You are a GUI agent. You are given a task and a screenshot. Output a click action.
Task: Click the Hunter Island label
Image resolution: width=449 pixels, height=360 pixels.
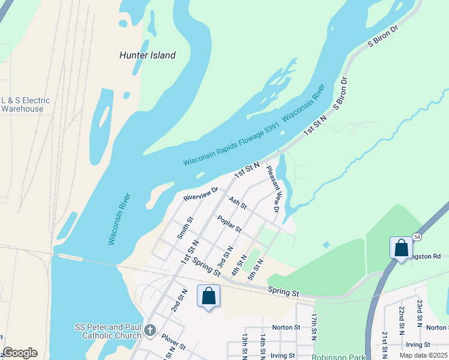pos(147,55)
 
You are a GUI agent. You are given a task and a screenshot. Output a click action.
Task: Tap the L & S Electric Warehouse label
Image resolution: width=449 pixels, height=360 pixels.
pos(25,104)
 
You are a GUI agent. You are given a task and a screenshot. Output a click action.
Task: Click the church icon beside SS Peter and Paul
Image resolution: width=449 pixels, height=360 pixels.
pos(150,329)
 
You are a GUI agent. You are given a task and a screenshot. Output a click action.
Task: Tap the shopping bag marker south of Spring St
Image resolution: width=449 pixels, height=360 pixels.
pos(208,296)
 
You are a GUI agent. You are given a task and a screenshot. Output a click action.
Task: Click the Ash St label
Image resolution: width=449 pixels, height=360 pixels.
pos(238,202)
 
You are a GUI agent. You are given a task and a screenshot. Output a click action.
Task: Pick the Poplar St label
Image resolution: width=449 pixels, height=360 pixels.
pos(229,224)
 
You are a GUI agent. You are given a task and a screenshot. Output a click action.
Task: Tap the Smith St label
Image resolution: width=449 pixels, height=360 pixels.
pos(185,228)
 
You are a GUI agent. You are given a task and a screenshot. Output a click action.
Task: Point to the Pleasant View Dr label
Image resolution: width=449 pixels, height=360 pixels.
pos(273,190)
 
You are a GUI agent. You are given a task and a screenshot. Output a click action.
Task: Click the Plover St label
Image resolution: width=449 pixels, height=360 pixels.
pos(173,347)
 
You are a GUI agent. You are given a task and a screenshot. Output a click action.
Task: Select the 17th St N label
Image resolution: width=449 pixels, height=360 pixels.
pos(314,326)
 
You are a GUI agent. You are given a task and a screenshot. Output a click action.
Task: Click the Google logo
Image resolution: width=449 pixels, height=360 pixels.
pos(20,353)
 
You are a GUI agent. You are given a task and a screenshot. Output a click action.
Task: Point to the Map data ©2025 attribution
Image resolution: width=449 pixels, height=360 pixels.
pos(423,355)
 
